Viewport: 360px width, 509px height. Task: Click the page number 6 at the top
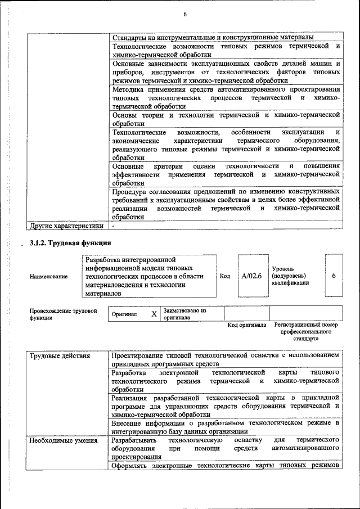(184, 14)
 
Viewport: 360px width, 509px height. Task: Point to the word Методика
(128, 89)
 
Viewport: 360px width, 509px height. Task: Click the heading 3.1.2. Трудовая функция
(71, 243)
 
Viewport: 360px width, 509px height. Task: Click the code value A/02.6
(251, 276)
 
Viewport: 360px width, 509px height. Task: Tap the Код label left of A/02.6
(225, 276)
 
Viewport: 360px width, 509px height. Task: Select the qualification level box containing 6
(334, 276)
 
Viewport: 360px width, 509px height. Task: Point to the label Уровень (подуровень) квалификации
(290, 276)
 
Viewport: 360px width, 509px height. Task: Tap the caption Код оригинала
(246, 325)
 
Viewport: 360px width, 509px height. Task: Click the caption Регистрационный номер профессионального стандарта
(306, 332)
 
